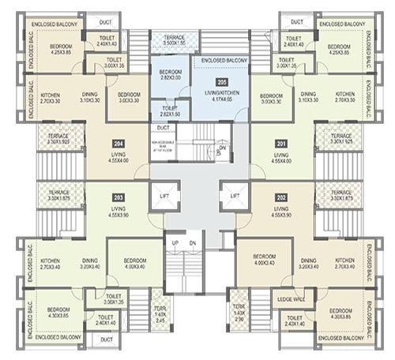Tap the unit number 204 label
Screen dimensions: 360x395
pos(115,143)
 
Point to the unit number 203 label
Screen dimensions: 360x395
pos(118,197)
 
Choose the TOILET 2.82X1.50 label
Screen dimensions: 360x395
pos(169,111)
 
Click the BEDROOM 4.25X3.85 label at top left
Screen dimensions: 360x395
pos(51,50)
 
